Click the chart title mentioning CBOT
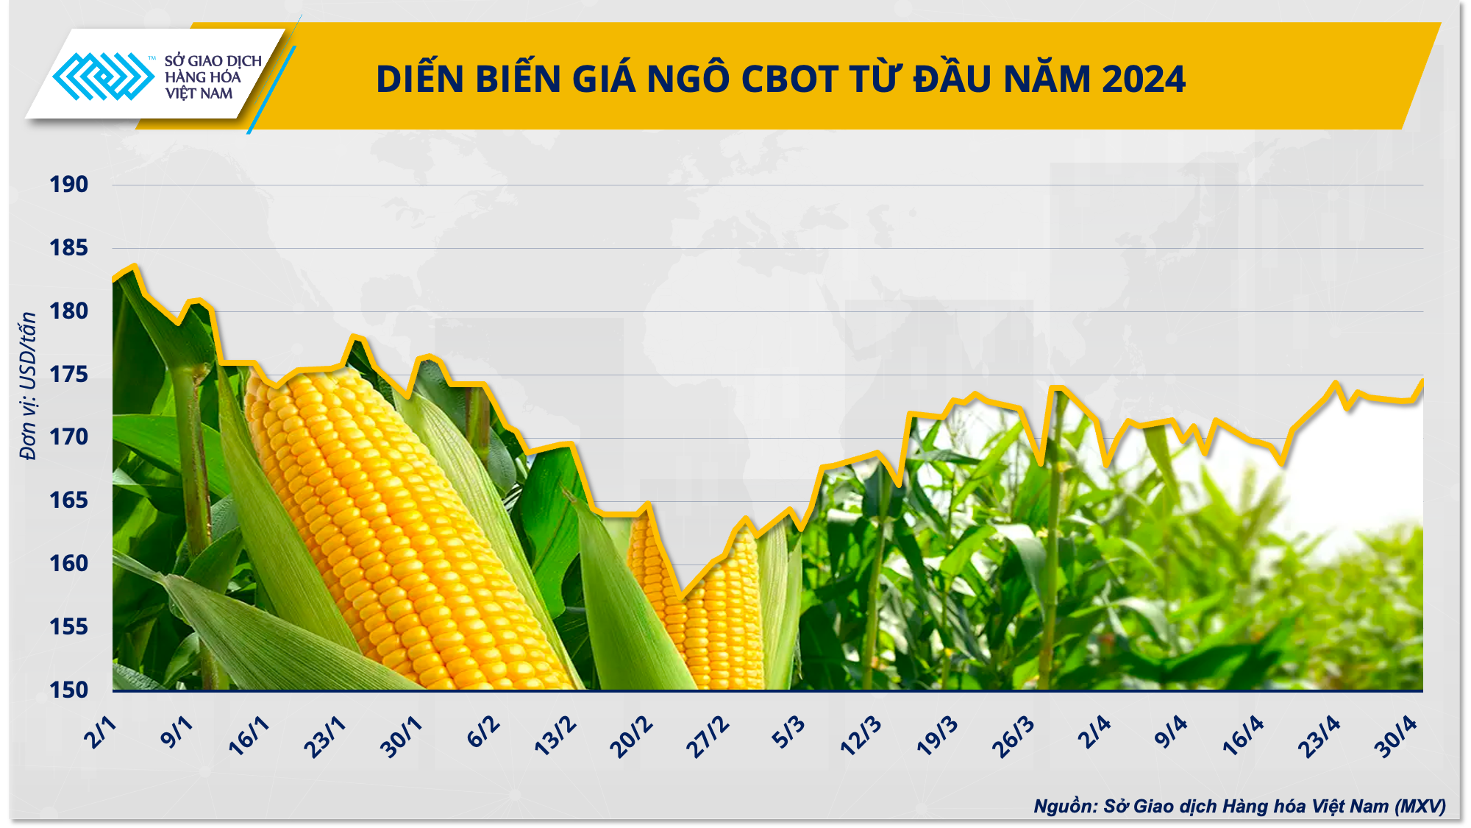tap(780, 79)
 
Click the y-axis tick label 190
tap(68, 184)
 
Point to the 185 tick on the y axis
tap(68, 247)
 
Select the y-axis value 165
tap(68, 500)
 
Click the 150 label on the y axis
tap(68, 690)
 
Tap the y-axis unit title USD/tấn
tap(28, 386)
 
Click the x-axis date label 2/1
tap(101, 732)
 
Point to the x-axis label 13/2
tap(555, 736)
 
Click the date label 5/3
tap(788, 733)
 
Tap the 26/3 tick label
tap(1013, 737)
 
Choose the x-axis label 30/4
tap(1395, 737)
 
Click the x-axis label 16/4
tap(1243, 736)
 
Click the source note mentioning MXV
tap(1239, 806)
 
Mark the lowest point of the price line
tap(680, 598)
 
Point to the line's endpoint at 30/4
tap(1422, 381)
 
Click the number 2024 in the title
tap(1144, 79)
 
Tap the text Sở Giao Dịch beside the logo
tap(213, 61)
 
